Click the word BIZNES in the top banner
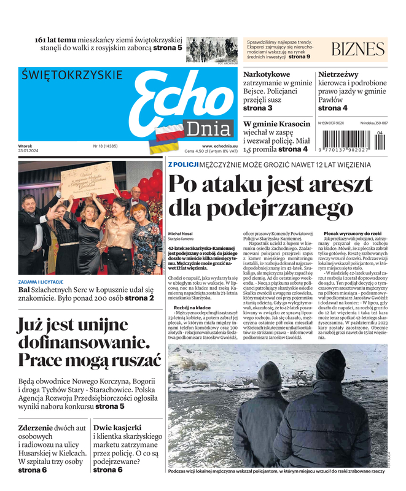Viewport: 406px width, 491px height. coord(358,49)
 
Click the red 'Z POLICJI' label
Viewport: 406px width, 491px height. coord(183,164)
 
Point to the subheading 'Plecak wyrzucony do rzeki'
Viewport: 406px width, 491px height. coord(352,234)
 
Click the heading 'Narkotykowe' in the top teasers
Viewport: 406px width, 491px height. coord(267,75)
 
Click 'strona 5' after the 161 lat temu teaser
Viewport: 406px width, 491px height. coord(168,47)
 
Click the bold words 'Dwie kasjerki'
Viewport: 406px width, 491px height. coord(117,427)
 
